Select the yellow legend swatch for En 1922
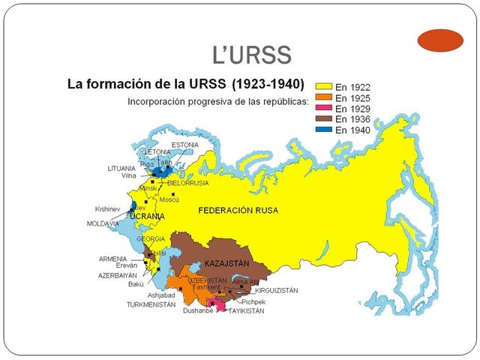(x=325, y=87)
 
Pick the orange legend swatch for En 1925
(x=325, y=97)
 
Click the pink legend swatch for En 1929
(x=325, y=108)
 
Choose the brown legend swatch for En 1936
(x=325, y=118)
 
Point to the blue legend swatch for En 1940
(x=325, y=129)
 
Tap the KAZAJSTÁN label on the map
(x=226, y=264)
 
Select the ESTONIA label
(x=184, y=145)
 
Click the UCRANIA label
(x=148, y=216)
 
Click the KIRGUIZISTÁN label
(x=276, y=289)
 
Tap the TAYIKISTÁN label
(x=247, y=310)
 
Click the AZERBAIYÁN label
(x=118, y=275)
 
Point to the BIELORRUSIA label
(x=188, y=182)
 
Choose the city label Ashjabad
(x=161, y=295)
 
